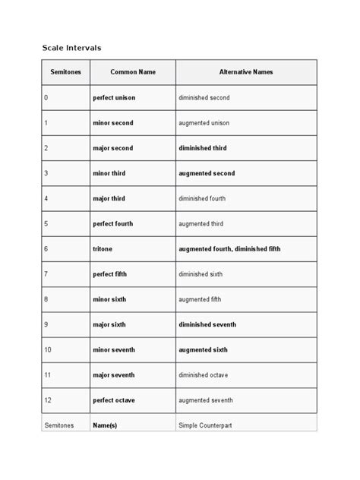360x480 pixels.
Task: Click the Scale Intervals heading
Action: point(71,48)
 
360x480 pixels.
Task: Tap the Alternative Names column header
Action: point(245,72)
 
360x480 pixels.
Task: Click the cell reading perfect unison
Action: point(116,98)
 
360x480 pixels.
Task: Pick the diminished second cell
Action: point(204,98)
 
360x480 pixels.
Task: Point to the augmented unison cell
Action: point(204,123)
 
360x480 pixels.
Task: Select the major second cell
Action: point(112,148)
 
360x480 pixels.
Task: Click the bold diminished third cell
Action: point(203,148)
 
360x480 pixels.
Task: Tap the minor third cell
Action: point(109,173)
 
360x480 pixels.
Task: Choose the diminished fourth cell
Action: point(203,198)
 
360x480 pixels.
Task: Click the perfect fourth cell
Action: point(115,224)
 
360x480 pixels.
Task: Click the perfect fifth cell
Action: point(112,274)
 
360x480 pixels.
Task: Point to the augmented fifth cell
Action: point(200,299)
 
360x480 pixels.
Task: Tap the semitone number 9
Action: point(46,324)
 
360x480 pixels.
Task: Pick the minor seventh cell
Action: point(114,349)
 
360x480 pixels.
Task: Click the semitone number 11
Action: point(48,375)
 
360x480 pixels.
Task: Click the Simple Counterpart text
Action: point(205,426)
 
